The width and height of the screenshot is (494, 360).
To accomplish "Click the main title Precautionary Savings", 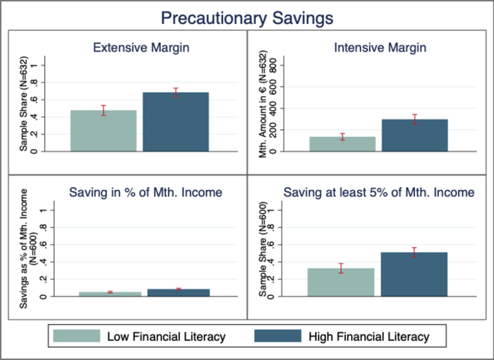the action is (x=247, y=18).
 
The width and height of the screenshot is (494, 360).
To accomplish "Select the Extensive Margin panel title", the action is (x=141, y=47).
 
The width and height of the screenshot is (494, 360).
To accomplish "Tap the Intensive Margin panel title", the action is (x=380, y=47).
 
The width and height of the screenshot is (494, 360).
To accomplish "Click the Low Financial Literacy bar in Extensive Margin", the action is (x=104, y=131).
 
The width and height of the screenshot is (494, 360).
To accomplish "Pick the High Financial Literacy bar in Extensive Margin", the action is (x=176, y=121).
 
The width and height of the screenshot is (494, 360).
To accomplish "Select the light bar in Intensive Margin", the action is (x=342, y=144).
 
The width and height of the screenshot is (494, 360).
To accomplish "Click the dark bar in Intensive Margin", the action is (x=415, y=136).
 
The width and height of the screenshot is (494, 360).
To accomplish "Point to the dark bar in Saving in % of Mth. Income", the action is (x=179, y=293).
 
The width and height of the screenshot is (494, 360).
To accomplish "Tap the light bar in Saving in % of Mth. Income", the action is (x=110, y=294).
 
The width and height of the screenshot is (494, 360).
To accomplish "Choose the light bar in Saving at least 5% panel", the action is (x=341, y=282).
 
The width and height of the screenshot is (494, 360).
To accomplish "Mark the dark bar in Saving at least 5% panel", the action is (x=414, y=275).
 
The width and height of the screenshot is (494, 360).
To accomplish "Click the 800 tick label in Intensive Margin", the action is (x=273, y=65).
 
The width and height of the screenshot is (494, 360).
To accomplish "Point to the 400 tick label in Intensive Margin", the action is (x=273, y=108).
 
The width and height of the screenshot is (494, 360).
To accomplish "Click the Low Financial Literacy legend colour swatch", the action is (x=76, y=336).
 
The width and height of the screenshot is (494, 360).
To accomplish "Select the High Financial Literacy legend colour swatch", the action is (x=277, y=336).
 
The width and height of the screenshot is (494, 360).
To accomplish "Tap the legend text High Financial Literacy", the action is (x=369, y=337).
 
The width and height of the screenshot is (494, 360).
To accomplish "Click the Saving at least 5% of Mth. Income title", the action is (x=379, y=192).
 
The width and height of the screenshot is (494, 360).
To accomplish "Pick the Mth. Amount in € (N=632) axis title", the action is (x=263, y=104).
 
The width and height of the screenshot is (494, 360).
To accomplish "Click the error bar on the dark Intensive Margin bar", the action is (x=415, y=119).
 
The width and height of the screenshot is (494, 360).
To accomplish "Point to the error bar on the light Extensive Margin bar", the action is (x=104, y=110).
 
